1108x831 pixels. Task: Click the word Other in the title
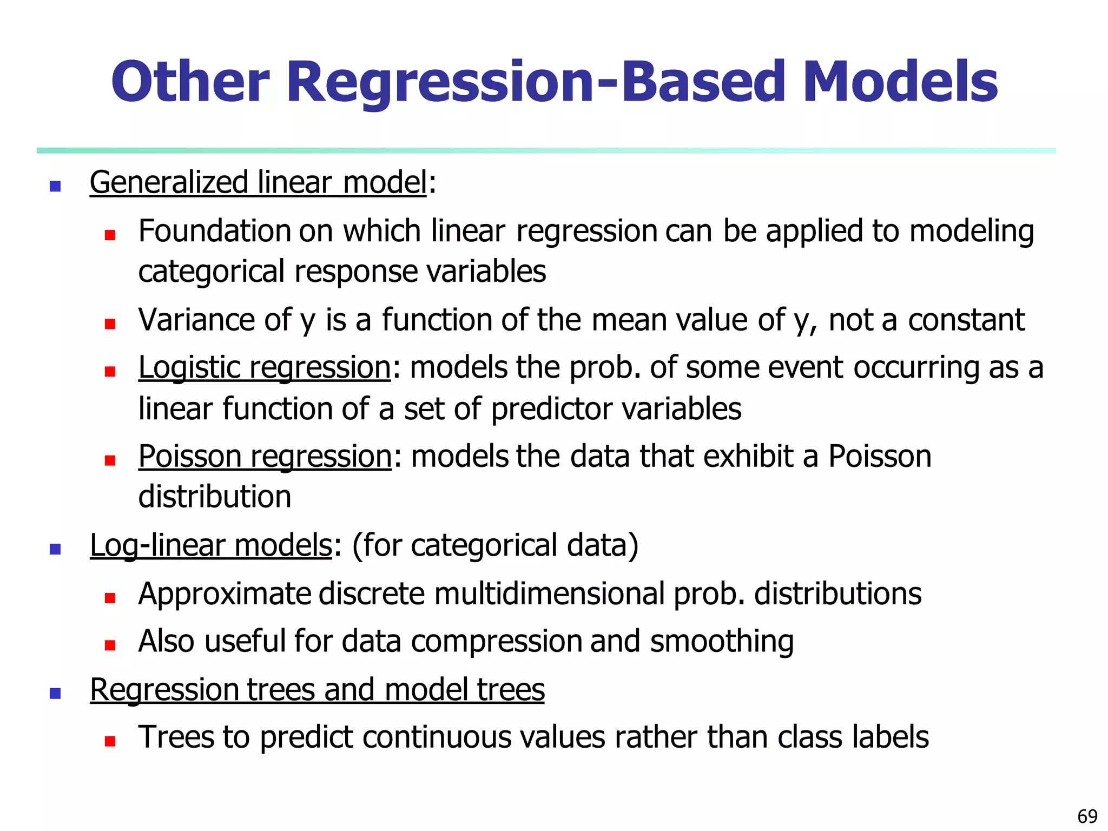pyautogui.click(x=190, y=82)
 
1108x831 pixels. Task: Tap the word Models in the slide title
pyautogui.click(x=900, y=82)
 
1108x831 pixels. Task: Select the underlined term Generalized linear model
pyautogui.click(x=258, y=182)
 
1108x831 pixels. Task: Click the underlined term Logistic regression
pyautogui.click(x=265, y=368)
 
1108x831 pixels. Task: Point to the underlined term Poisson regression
pyautogui.click(x=265, y=457)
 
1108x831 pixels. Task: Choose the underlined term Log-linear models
pyautogui.click(x=210, y=545)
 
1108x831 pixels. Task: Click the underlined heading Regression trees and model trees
pyautogui.click(x=317, y=690)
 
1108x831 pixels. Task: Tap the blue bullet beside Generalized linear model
pyautogui.click(x=55, y=186)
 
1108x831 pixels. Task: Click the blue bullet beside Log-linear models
pyautogui.click(x=55, y=549)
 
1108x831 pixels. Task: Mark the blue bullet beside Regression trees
pyautogui.click(x=55, y=694)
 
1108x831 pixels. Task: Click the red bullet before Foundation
pyautogui.click(x=110, y=235)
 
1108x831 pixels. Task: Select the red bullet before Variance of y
pyautogui.click(x=110, y=324)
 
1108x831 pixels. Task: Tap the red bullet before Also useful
pyautogui.click(x=110, y=645)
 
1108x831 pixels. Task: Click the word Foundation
pyautogui.click(x=215, y=232)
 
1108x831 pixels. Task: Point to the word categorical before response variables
pyautogui.click(x=212, y=272)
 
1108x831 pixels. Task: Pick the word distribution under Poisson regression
pyautogui.click(x=215, y=497)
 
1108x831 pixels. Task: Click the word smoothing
pyautogui.click(x=722, y=642)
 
